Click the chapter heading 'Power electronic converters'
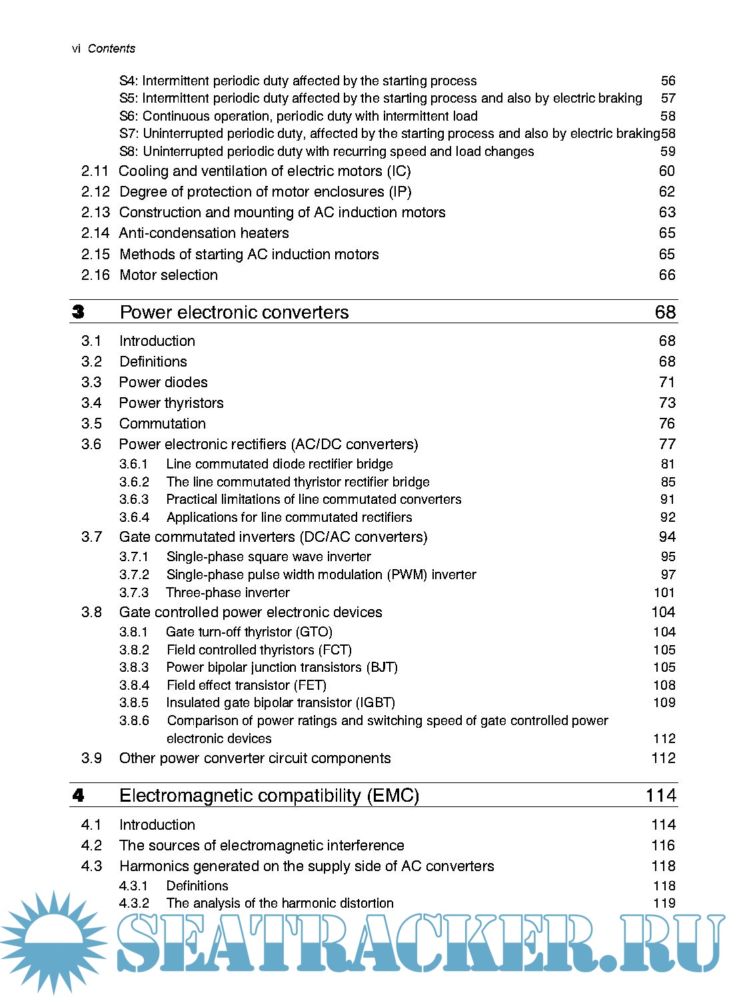[x=234, y=313]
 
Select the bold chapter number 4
[x=79, y=796]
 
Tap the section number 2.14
[x=95, y=233]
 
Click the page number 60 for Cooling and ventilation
[x=666, y=171]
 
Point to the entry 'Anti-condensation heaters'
[x=204, y=233]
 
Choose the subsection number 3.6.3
[x=134, y=500]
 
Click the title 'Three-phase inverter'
[x=228, y=593]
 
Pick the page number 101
[x=664, y=593]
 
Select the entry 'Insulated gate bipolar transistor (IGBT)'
[x=281, y=703]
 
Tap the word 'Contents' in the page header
[x=111, y=49]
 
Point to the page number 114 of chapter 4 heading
[x=660, y=796]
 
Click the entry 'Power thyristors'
[x=171, y=403]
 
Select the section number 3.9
[x=91, y=758]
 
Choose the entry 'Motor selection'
[x=169, y=275]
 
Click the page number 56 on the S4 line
[x=668, y=81]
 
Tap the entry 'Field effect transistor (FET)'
[x=247, y=685]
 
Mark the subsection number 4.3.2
[x=134, y=904]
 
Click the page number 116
[x=663, y=846]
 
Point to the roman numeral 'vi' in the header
[x=76, y=49]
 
